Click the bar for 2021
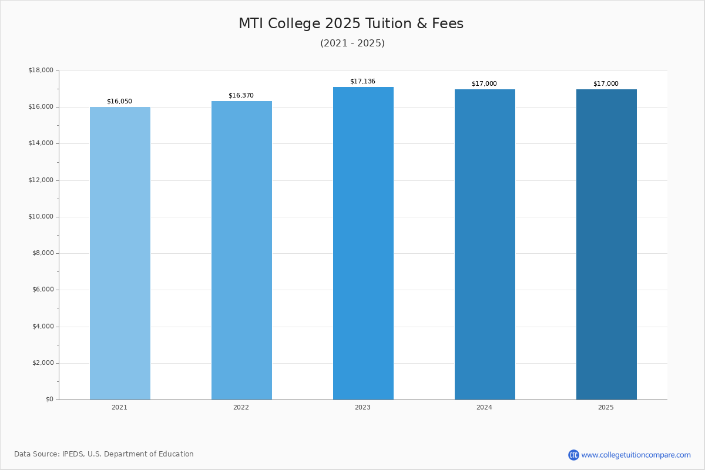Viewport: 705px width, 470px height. click(120, 253)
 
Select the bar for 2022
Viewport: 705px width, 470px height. click(241, 250)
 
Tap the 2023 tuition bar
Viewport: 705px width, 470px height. click(363, 243)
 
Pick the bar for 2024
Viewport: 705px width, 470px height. click(485, 244)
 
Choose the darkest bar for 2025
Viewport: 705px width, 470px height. click(606, 244)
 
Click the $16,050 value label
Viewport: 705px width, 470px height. click(119, 102)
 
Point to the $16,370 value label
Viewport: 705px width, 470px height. click(241, 96)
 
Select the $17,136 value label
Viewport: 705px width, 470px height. click(362, 82)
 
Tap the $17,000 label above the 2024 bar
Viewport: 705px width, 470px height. click(484, 84)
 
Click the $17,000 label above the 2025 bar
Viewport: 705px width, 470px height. click(606, 84)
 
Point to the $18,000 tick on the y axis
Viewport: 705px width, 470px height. click(41, 70)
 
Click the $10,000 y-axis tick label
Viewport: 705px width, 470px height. click(41, 217)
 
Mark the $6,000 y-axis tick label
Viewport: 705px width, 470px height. click(42, 290)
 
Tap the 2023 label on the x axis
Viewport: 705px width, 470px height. click(362, 408)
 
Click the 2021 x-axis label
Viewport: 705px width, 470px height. click(119, 408)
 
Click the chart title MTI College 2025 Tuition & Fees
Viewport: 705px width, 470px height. click(351, 24)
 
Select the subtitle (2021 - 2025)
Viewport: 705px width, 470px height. click(352, 43)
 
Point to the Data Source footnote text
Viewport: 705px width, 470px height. click(104, 454)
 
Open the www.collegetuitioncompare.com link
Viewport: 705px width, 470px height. click(636, 455)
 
